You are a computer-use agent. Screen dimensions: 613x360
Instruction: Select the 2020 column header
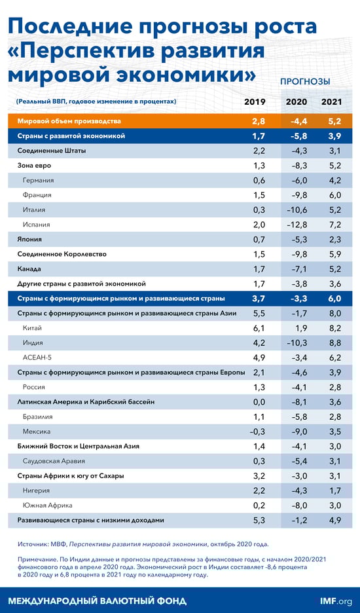296,102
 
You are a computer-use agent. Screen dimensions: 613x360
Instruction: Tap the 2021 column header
332,102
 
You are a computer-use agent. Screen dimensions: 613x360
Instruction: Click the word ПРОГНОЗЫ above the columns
305,82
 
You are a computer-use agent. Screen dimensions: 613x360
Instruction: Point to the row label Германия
38,180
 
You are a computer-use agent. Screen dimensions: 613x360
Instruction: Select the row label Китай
33,327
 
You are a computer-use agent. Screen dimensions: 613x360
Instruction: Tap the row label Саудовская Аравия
54,460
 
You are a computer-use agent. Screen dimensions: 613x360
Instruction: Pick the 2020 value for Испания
296,224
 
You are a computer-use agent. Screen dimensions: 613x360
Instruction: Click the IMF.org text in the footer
336,601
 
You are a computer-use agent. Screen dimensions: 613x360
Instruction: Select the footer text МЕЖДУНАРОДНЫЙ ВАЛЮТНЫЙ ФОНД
97,601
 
